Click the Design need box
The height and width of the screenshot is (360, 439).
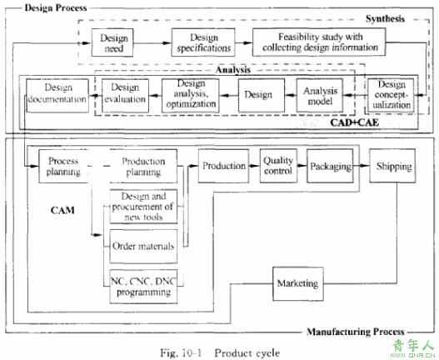(112, 42)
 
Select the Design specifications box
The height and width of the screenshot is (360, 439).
(203, 42)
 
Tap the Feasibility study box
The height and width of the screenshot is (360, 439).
(319, 42)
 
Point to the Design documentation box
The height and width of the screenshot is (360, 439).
(57, 96)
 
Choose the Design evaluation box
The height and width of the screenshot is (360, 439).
(125, 96)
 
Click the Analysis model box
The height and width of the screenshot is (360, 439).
(320, 96)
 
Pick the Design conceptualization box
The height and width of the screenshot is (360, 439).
(391, 95)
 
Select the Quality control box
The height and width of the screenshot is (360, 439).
(278, 166)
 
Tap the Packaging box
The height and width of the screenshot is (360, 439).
(330, 166)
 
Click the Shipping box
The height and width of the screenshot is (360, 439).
(392, 166)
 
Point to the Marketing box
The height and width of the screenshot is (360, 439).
(298, 284)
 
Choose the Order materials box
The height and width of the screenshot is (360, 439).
(143, 247)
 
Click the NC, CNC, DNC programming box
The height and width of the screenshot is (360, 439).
(143, 287)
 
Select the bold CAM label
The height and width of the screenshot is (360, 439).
(62, 210)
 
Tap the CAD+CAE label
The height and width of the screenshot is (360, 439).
(354, 122)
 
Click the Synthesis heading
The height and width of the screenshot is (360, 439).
(385, 19)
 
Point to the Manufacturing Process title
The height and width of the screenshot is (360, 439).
(356, 332)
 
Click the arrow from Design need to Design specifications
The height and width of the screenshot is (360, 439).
(152, 42)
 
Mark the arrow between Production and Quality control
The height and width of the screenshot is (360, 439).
(254, 166)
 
